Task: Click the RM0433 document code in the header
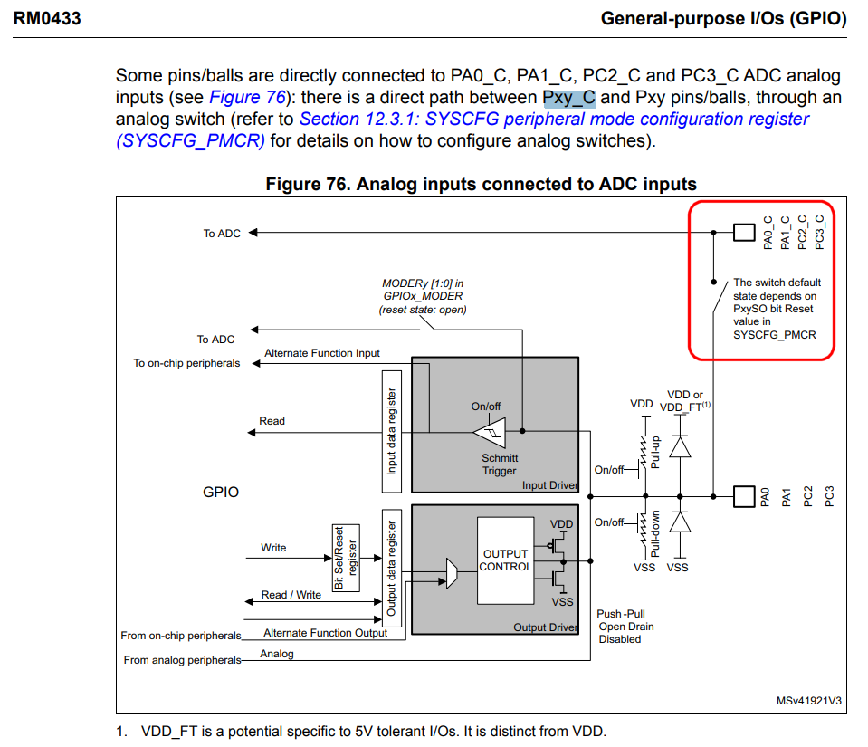click(x=47, y=17)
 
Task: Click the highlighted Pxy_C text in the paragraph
click(x=568, y=98)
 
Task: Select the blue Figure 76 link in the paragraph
click(x=247, y=98)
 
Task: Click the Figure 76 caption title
click(x=481, y=185)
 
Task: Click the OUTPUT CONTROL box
click(x=505, y=560)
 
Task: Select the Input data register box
click(x=392, y=431)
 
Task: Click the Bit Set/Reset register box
click(x=346, y=558)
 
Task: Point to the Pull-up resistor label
click(x=657, y=450)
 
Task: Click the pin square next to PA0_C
click(x=743, y=233)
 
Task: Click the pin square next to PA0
click(x=743, y=495)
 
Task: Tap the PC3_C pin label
click(x=820, y=232)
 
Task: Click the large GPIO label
click(x=221, y=493)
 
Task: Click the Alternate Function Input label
click(x=322, y=353)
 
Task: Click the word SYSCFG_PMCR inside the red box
click(x=774, y=335)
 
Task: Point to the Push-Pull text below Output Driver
click(x=621, y=614)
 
